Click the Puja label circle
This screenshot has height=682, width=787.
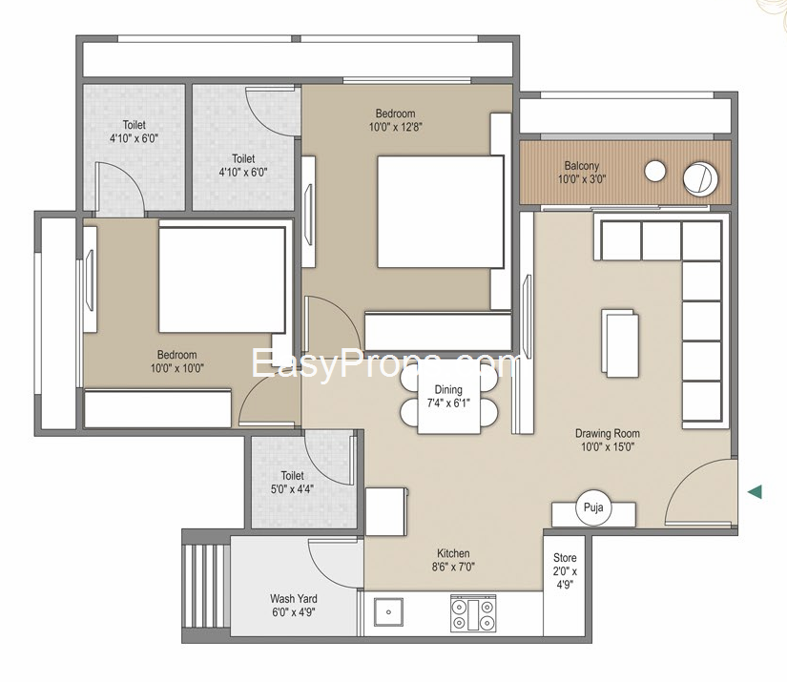(x=593, y=507)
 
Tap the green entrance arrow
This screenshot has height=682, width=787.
(x=755, y=492)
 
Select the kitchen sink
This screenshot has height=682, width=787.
(x=388, y=611)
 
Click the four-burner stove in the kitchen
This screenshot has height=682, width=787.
(x=473, y=613)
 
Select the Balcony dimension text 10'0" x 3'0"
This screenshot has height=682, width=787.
(x=582, y=179)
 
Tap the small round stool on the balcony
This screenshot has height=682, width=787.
(x=655, y=171)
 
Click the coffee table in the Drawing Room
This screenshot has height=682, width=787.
(x=620, y=343)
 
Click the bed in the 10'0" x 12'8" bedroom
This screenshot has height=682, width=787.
(x=440, y=212)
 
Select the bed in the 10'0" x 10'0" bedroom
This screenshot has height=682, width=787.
(x=222, y=280)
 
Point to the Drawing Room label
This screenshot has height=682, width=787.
(x=608, y=433)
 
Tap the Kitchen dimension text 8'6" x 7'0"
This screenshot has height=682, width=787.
(x=453, y=568)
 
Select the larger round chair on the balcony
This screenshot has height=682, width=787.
(x=700, y=179)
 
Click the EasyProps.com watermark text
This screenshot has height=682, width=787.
(x=385, y=364)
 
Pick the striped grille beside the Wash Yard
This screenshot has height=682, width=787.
(x=206, y=585)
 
